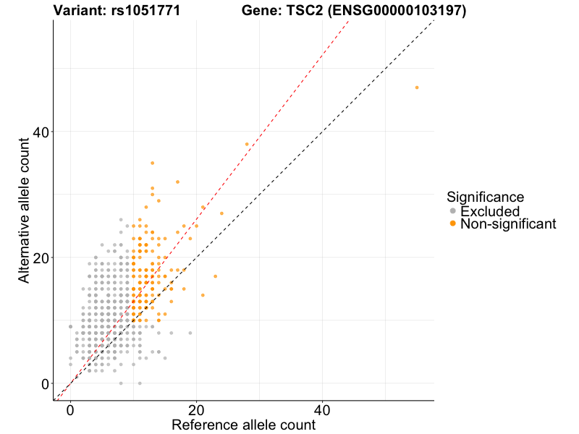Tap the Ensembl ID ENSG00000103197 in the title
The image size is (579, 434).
[391, 11]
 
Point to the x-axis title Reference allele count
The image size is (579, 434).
[243, 425]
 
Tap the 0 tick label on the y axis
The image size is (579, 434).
[45, 383]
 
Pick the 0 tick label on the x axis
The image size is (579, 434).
[70, 409]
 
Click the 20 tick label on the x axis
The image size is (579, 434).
[196, 409]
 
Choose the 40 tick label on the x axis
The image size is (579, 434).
[322, 409]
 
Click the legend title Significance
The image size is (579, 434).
[485, 197]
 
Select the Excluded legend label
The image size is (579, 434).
[490, 211]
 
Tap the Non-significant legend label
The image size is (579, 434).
[508, 224]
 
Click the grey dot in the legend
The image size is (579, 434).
[453, 211]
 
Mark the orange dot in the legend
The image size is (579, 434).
[453, 224]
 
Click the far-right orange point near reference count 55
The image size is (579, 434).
[417, 88]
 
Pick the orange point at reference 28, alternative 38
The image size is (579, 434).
[247, 144]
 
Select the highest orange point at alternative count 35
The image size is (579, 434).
[152, 163]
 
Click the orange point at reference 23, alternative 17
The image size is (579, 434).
[215, 276]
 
